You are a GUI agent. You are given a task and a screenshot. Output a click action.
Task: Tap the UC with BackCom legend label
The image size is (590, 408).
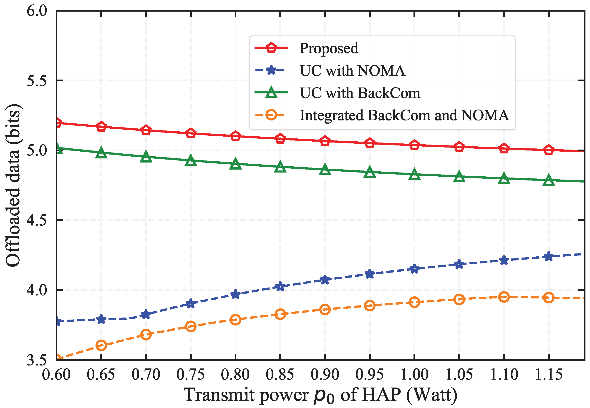[360, 93]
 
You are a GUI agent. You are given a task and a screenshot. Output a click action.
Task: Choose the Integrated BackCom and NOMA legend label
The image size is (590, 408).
[404, 115]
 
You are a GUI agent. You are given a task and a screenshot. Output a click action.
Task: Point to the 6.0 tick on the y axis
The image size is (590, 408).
[37, 11]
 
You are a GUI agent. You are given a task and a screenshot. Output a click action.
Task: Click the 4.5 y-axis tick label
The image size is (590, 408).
[37, 220]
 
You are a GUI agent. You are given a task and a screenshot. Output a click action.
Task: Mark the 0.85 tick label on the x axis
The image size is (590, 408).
[280, 375]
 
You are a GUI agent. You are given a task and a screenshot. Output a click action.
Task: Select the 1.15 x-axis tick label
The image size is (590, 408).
[549, 375]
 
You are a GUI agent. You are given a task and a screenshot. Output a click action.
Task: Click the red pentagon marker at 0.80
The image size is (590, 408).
[235, 136]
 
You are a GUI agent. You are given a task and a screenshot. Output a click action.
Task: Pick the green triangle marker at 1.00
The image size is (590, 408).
[414, 174]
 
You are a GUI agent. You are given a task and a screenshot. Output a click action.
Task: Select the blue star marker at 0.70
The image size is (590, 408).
[146, 314]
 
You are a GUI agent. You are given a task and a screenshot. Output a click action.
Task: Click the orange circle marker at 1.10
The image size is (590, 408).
[504, 297]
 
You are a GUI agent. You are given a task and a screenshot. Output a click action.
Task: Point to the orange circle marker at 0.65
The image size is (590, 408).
[101, 345]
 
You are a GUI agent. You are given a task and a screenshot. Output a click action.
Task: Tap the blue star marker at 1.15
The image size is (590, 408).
[549, 256]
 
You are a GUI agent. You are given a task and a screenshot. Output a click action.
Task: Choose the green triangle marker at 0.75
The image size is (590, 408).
[191, 160]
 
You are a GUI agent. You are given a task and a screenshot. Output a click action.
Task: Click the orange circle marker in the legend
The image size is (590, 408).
[271, 115]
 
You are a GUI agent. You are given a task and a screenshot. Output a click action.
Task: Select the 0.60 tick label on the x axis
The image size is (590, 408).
[56, 375]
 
